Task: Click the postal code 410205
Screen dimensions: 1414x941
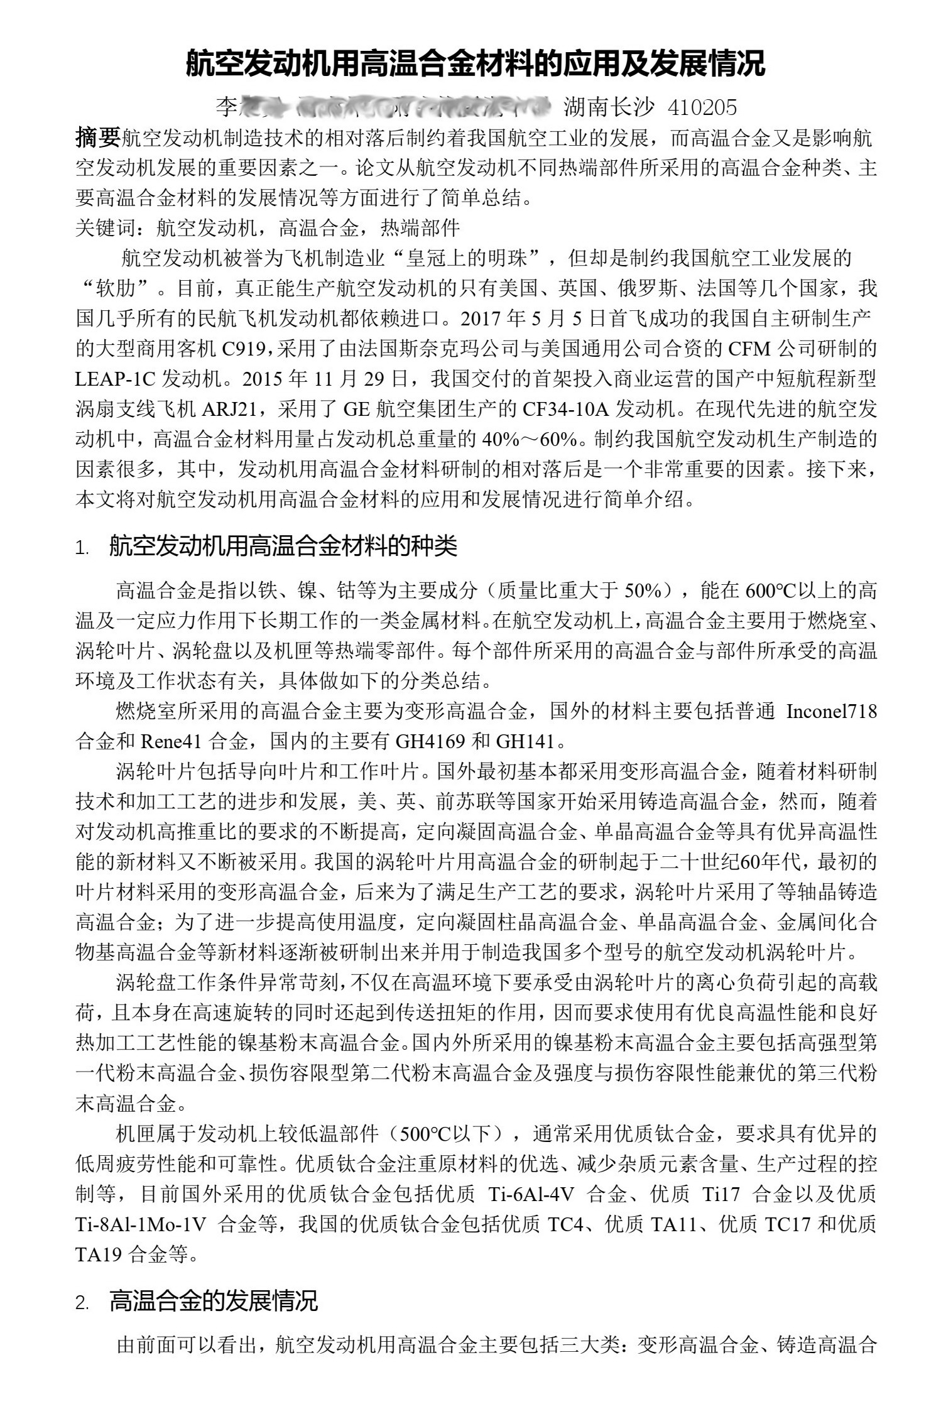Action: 702,107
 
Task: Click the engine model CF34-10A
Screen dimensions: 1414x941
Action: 566,409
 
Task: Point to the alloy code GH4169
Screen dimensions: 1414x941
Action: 430,742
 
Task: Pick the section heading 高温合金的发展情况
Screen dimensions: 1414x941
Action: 214,1300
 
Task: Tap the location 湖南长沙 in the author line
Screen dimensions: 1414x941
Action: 609,107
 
